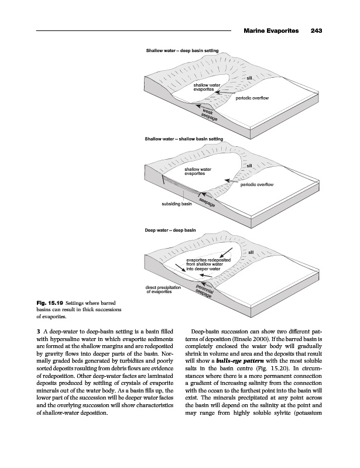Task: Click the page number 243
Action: pyautogui.click(x=318, y=30)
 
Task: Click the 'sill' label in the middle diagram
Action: pyautogui.click(x=249, y=166)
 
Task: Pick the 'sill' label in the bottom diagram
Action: pyautogui.click(x=252, y=252)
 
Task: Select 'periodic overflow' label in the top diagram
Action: pyautogui.click(x=252, y=98)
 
